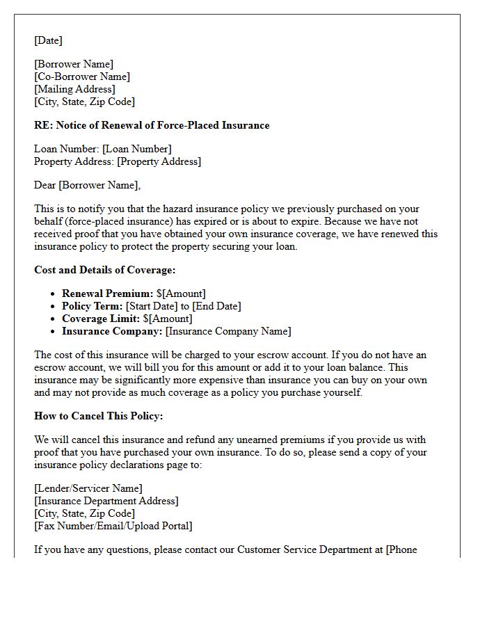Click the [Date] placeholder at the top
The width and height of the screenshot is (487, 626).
pyautogui.click(x=48, y=40)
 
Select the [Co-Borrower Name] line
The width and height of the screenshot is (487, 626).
pyautogui.click(x=82, y=77)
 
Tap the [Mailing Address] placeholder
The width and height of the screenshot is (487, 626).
pyautogui.click(x=74, y=89)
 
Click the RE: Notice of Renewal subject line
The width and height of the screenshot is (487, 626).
pyautogui.click(x=152, y=125)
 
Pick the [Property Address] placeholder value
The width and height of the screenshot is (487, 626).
pyautogui.click(x=159, y=161)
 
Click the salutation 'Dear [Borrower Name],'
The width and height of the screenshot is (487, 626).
pyautogui.click(x=87, y=185)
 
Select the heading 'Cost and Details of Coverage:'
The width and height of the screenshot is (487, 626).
pyautogui.click(x=104, y=270)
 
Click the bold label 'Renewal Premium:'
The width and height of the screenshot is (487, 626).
pyautogui.click(x=107, y=294)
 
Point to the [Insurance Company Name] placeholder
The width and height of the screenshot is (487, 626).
pyautogui.click(x=228, y=331)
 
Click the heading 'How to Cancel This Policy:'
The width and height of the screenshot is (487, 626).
pyautogui.click(x=98, y=416)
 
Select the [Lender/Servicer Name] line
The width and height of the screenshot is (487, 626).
pyautogui.click(x=88, y=488)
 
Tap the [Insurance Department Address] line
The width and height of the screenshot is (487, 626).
pyautogui.click(x=106, y=501)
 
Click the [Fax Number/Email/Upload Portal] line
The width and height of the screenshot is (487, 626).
pyautogui.click(x=113, y=526)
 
